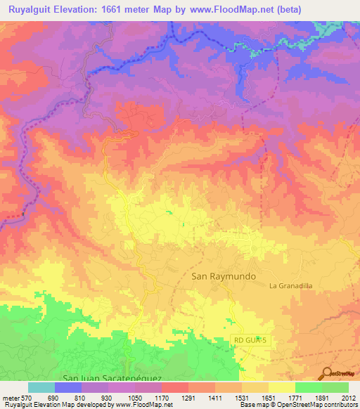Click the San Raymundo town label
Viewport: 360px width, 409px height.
223,277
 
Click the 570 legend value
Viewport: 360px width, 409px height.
27,398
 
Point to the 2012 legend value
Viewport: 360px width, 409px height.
349,398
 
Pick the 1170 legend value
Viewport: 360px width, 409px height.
162,398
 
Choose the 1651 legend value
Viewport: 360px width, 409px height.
269,398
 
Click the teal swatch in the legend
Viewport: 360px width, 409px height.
41,387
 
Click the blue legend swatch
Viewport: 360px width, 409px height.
68,387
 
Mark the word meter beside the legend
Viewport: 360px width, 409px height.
11,398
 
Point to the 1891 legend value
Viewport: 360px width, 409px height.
322,398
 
